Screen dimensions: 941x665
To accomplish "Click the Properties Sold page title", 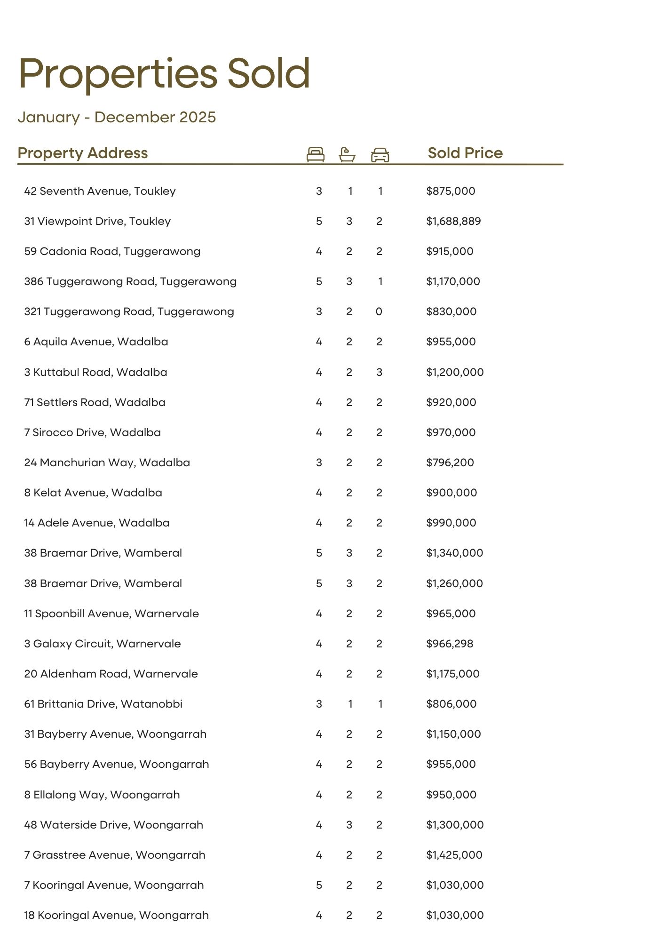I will (x=164, y=73).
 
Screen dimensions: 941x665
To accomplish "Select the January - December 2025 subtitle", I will (x=117, y=117).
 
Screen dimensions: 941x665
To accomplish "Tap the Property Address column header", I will (x=83, y=153).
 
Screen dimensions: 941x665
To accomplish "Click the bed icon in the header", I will (x=315, y=154).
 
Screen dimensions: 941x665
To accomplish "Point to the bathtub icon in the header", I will (x=347, y=154).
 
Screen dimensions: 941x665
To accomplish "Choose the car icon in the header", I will (x=380, y=155).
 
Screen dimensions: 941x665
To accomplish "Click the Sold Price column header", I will (x=465, y=153).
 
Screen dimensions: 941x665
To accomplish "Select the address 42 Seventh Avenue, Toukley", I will (x=100, y=191).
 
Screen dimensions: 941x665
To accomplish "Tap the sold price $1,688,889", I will (x=453, y=221).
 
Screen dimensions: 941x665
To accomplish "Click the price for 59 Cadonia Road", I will (x=450, y=251).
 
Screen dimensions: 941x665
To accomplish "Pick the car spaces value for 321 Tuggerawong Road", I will (x=379, y=311).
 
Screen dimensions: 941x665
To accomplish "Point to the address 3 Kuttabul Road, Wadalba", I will (x=95, y=372).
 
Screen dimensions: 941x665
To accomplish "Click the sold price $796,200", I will (x=450, y=463).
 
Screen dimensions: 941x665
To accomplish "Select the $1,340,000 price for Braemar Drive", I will (x=454, y=553).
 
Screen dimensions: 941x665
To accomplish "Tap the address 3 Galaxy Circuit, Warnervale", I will (x=103, y=644).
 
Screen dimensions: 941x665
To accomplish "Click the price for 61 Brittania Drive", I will (x=451, y=704).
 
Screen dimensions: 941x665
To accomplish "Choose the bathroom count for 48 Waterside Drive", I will (x=349, y=825).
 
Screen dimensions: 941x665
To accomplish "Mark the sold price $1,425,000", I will (x=454, y=855).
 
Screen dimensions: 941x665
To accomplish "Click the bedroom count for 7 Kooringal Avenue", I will (x=319, y=885).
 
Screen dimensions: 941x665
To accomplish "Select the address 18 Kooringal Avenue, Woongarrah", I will (x=117, y=915).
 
